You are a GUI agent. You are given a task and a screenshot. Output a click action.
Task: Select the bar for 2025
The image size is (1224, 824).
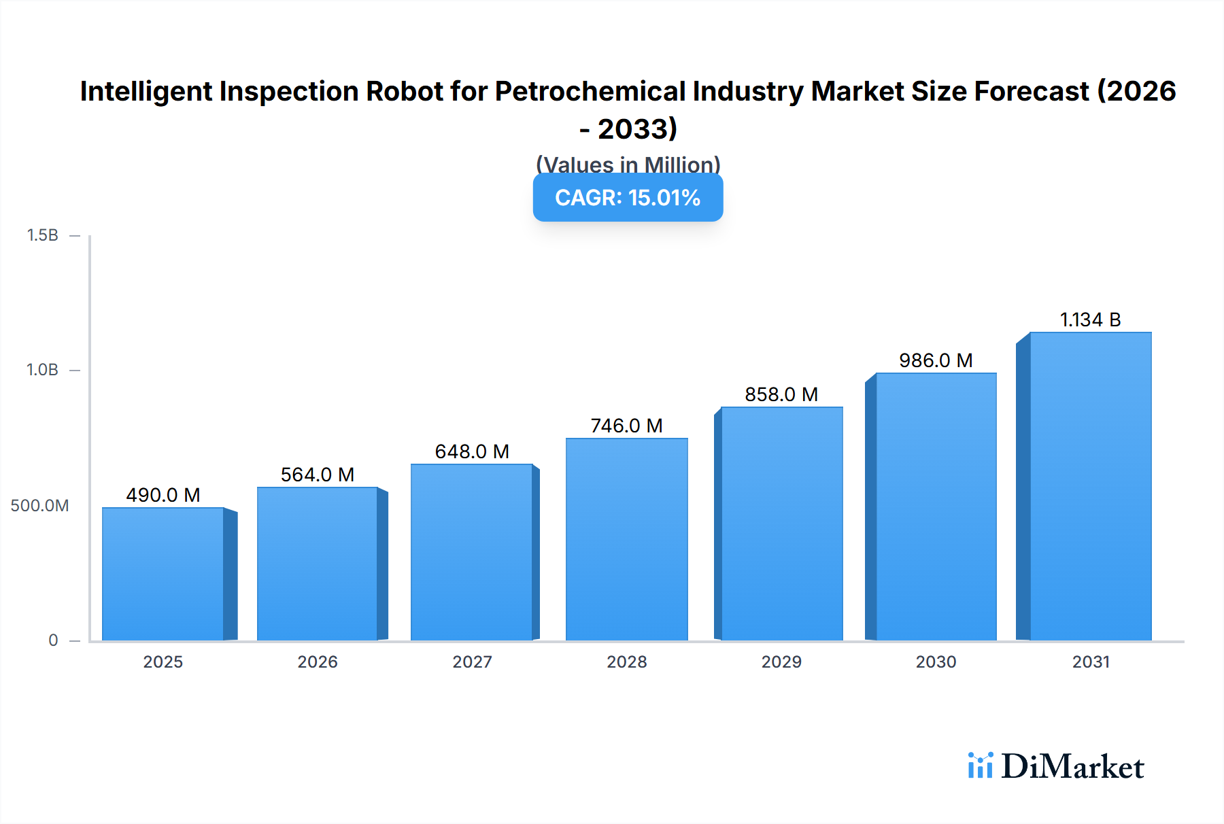pos(163,574)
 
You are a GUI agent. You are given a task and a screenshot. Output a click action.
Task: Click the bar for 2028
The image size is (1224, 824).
pos(626,540)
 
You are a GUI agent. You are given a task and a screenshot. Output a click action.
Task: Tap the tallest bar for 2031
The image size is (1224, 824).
pos(1090,486)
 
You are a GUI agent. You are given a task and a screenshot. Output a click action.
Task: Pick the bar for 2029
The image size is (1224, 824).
pos(781,523)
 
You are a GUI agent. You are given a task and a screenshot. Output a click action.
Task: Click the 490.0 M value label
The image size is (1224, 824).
pos(163,495)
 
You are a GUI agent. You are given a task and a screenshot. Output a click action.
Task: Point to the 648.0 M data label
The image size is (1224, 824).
pos(472,451)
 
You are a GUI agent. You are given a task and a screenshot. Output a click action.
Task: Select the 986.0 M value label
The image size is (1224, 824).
pos(936,360)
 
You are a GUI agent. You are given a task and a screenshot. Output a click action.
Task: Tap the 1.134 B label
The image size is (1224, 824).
pos(1090,320)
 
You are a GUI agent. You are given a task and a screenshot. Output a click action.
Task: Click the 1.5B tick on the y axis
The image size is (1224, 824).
pos(43,235)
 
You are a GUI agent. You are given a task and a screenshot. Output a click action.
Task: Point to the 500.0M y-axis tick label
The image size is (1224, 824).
pos(39,506)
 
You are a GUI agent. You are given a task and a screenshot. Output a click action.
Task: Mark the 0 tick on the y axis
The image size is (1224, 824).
pos(53,640)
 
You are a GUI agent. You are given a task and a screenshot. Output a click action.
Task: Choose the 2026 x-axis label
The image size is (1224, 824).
pos(318,662)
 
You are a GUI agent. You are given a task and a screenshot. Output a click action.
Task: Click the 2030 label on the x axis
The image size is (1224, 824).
pos(936,662)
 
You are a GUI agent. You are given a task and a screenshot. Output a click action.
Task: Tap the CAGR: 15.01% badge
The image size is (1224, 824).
pos(628,198)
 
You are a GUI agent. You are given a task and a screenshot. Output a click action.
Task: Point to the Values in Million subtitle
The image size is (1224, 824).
pos(628,165)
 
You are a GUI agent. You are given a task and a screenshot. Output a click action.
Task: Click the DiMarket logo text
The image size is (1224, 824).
pos(1072,767)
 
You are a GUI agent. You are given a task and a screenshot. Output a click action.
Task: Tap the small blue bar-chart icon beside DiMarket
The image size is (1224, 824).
pos(980,766)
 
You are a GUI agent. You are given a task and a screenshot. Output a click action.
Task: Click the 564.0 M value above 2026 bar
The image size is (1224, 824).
pos(318,475)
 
